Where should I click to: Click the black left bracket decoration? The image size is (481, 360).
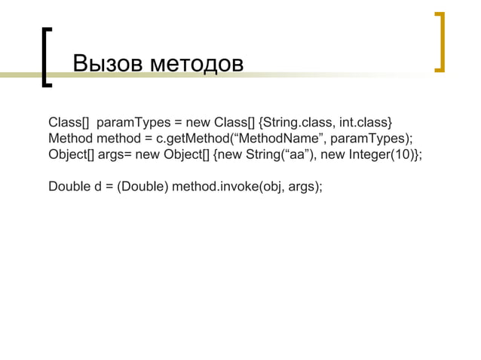pyautogui.click(x=47, y=57)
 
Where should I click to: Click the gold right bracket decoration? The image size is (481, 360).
pyautogui.click(x=440, y=41)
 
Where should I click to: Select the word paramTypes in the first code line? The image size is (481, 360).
pyautogui.click(x=132, y=122)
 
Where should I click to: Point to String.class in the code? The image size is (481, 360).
pyautogui.click(x=298, y=122)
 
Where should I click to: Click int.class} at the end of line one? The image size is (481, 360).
pyautogui.click(x=366, y=122)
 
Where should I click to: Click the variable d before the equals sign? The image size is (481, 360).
pyautogui.click(x=100, y=187)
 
